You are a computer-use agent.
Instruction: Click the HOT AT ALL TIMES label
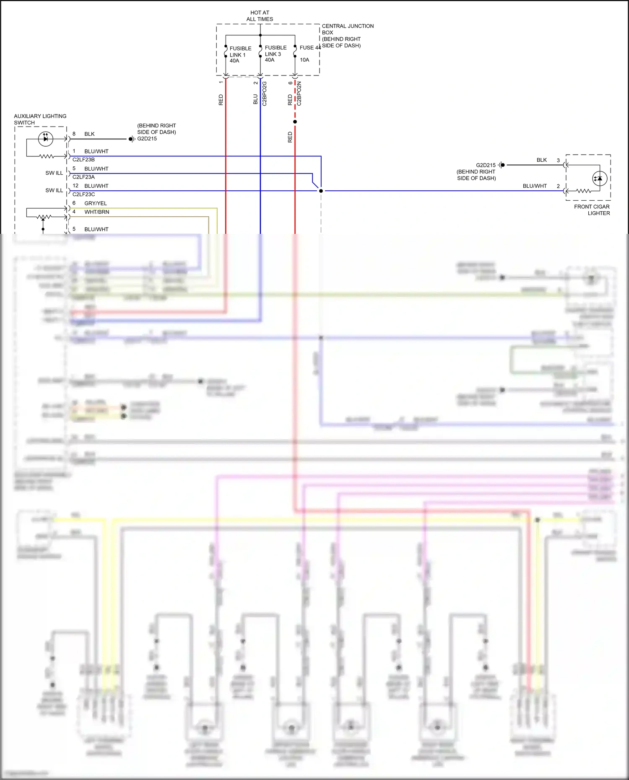click(260, 16)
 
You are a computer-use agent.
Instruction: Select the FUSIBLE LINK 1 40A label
click(240, 54)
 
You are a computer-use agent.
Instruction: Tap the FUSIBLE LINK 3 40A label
click(275, 54)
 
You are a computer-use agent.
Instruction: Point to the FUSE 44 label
click(310, 48)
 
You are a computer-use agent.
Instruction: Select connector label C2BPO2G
click(264, 93)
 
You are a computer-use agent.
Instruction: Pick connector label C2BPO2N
click(299, 93)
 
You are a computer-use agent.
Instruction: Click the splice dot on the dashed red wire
click(295, 122)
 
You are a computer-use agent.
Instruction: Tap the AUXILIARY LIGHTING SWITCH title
click(40, 119)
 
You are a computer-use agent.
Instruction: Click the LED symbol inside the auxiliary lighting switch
click(45, 139)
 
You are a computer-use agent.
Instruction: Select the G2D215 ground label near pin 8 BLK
click(147, 139)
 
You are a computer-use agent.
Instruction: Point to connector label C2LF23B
click(83, 160)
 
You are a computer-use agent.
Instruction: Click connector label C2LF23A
click(83, 177)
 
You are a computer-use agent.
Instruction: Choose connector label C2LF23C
click(83, 194)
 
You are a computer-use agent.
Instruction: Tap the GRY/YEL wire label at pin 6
click(95, 203)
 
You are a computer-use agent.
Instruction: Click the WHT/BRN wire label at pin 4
click(96, 212)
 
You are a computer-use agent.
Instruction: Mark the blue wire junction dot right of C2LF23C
click(321, 191)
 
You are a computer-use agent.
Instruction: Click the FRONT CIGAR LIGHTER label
click(592, 210)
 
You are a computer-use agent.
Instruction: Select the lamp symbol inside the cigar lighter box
click(599, 179)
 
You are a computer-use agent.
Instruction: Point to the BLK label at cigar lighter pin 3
click(541, 160)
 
